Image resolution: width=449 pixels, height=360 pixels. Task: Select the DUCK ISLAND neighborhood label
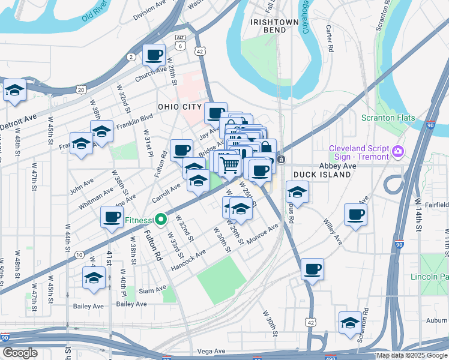[x=322, y=175]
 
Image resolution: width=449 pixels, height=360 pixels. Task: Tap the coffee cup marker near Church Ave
[x=154, y=55]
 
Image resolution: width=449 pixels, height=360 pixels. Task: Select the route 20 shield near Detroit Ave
[x=80, y=89]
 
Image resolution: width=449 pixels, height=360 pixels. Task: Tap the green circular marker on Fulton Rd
[x=160, y=220]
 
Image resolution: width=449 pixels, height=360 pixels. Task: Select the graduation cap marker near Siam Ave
[x=94, y=278]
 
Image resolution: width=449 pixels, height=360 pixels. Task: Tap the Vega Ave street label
[x=211, y=351]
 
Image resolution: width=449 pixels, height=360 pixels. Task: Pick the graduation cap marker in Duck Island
[x=297, y=193]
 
